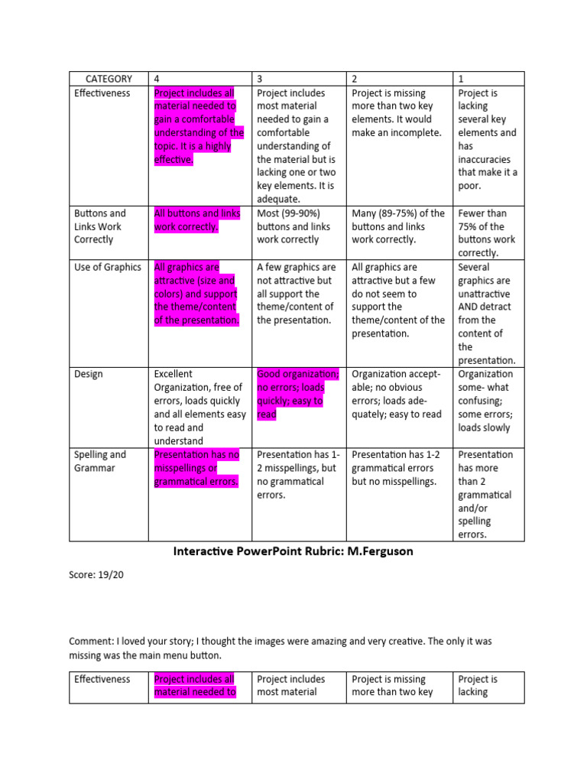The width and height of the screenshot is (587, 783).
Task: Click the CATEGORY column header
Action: (109, 79)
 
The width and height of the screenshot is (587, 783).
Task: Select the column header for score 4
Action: (157, 79)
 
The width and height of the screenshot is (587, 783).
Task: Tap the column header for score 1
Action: (461, 79)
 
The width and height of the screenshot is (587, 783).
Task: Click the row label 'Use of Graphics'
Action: (108, 268)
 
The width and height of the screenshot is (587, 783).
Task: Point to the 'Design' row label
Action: (89, 375)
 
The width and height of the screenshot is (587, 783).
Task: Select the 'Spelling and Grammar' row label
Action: (100, 461)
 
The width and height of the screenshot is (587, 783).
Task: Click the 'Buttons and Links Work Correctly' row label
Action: (100, 226)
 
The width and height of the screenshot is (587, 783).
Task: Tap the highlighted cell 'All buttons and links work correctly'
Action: (197, 220)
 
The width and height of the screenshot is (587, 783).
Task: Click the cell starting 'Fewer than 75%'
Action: (487, 232)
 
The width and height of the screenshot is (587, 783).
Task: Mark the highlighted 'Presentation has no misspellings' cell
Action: (197, 468)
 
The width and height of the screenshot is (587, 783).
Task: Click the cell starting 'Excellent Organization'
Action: (198, 407)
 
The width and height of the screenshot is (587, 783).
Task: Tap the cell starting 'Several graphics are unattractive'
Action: (487, 314)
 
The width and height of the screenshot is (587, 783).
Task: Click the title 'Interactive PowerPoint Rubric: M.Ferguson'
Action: (293, 551)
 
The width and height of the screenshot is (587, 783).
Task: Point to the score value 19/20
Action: (110, 575)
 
